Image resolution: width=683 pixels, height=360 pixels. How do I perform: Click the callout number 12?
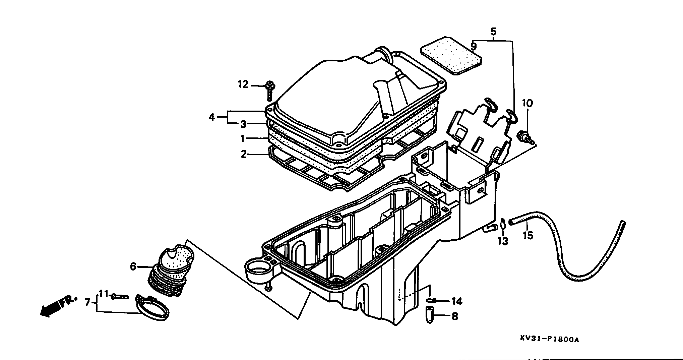(243, 85)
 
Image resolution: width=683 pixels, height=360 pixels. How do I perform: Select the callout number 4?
(211, 117)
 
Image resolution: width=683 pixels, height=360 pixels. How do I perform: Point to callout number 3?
(243, 124)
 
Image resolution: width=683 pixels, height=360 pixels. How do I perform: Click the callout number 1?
(243, 138)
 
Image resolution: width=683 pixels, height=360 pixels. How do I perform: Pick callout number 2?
(244, 154)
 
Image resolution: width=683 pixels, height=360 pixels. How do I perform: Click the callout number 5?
(493, 32)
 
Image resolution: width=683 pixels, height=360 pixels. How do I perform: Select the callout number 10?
(527, 103)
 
